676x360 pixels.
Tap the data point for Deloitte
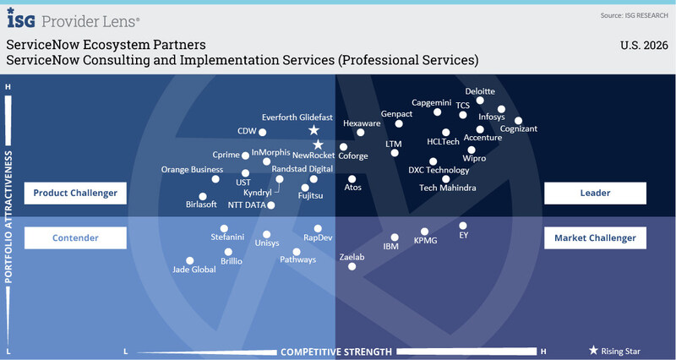click(x=480, y=101)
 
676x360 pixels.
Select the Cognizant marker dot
click(x=518, y=121)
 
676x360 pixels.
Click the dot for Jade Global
click(x=190, y=261)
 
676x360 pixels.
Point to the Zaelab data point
click(x=352, y=267)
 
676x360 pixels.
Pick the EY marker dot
click(x=463, y=226)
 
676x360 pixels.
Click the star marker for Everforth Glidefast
click(x=313, y=130)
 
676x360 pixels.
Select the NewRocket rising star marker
click(x=318, y=145)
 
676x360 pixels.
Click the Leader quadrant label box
click(x=595, y=194)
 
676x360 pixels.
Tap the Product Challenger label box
click(x=75, y=194)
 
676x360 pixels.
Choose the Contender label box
click(x=75, y=238)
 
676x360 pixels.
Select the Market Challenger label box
click(x=595, y=238)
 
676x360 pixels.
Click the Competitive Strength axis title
click(x=336, y=352)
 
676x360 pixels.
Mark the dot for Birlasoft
click(x=202, y=197)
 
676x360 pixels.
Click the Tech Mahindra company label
click(x=447, y=188)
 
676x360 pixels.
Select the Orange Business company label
click(x=192, y=170)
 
